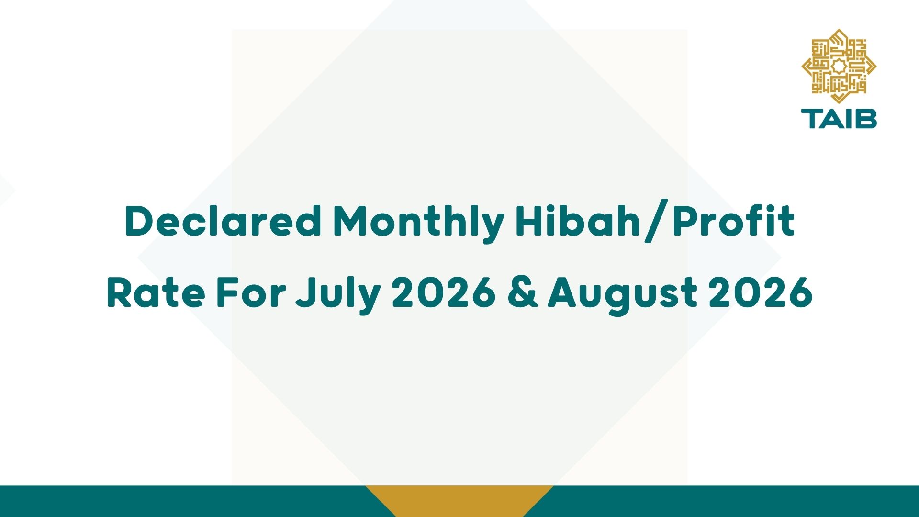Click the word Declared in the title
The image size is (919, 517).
[223, 221]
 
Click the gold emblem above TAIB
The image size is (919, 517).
[839, 66]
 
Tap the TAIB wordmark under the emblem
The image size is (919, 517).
[839, 119]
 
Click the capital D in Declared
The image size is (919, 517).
[141, 221]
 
